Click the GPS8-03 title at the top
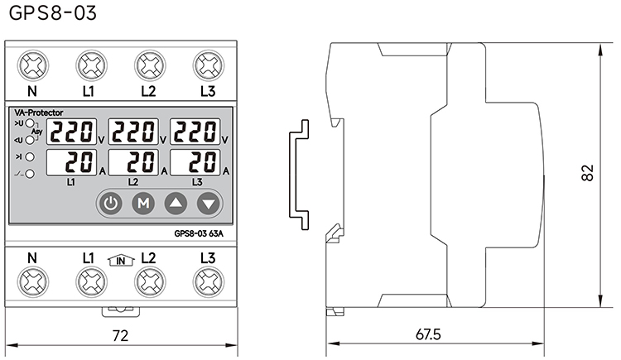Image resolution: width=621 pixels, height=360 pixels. [x=41, y=14]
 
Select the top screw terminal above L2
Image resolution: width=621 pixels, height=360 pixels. [x=148, y=63]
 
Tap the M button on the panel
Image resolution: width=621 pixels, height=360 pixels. [x=143, y=202]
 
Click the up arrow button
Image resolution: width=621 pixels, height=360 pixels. [x=176, y=202]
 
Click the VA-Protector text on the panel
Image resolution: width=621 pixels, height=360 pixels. [x=39, y=112]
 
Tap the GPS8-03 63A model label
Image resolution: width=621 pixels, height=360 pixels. [x=200, y=233]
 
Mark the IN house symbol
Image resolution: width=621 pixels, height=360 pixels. [x=120, y=261]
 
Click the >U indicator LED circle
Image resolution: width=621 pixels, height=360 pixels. [x=30, y=123]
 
